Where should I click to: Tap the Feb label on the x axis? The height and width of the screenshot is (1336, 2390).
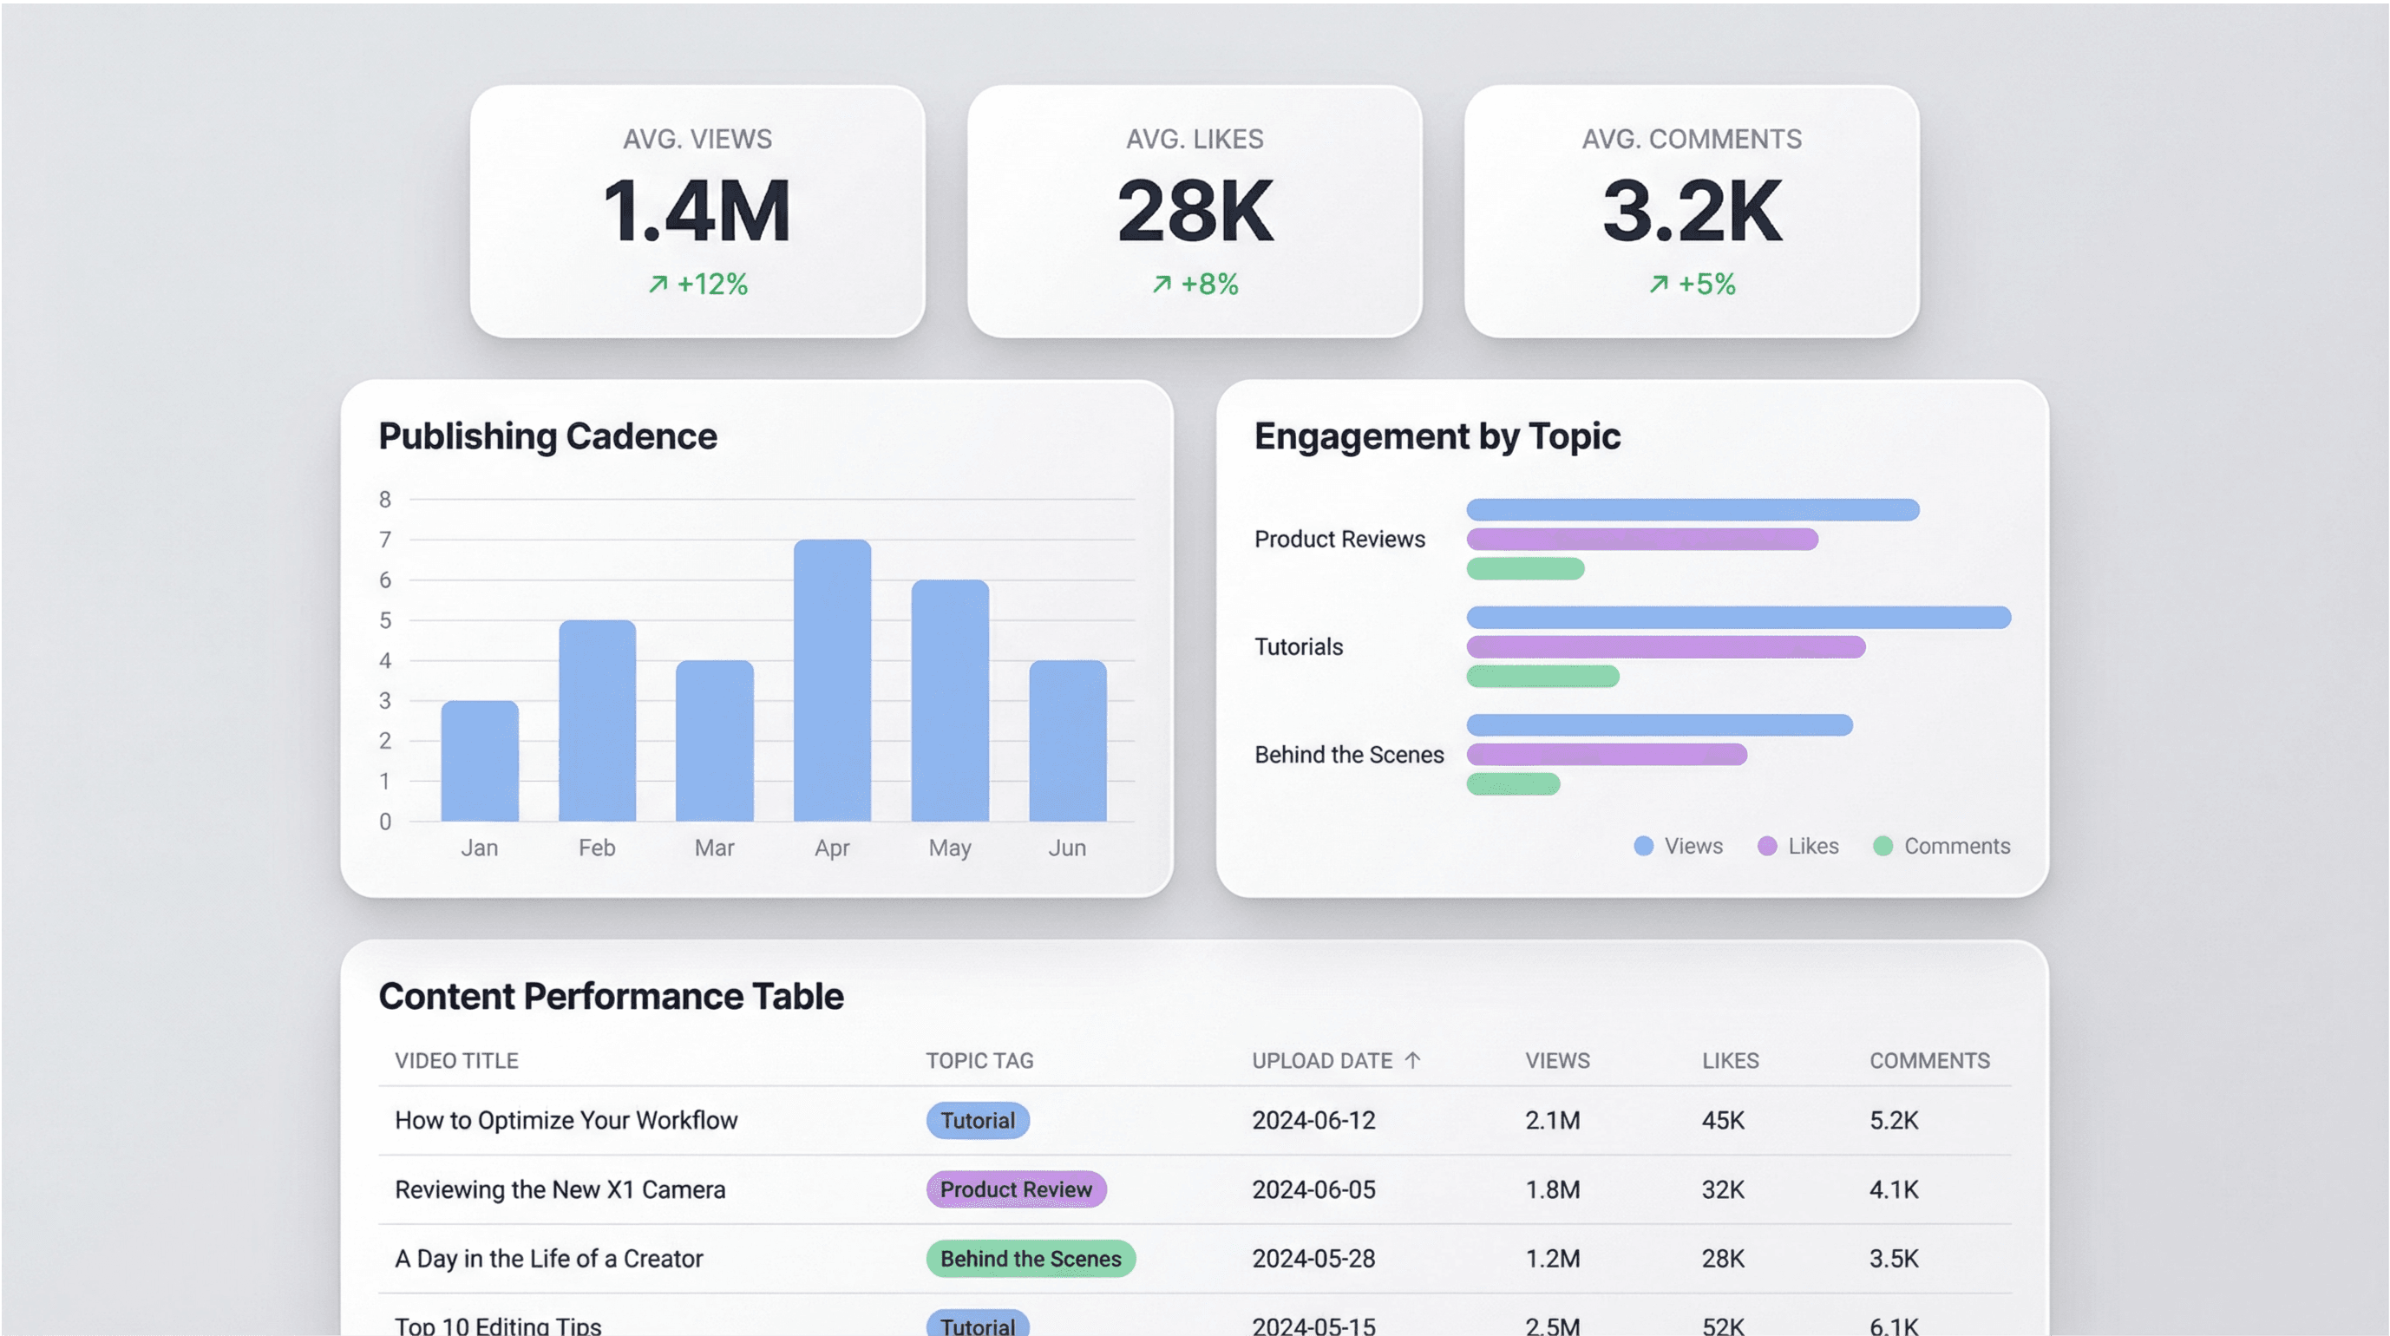[597, 848]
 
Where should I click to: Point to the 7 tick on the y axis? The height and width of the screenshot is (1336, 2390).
[385, 540]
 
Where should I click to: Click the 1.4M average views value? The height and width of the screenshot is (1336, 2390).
[697, 212]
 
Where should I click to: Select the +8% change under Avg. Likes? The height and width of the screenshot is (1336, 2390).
[1195, 284]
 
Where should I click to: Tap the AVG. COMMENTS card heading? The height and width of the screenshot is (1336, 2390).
[1692, 139]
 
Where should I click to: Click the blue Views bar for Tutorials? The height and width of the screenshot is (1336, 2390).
[1738, 617]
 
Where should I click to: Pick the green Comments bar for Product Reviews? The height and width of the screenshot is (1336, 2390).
[1525, 569]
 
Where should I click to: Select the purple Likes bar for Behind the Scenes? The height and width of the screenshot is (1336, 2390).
[1606, 754]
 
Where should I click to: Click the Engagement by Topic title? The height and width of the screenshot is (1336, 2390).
[1437, 436]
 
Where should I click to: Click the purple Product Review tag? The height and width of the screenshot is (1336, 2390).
[1016, 1189]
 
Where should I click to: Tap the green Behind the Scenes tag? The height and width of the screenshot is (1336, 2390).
[1031, 1259]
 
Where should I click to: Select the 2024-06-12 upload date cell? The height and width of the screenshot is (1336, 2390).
[1313, 1121]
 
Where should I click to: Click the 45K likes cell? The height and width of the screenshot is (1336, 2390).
[1723, 1121]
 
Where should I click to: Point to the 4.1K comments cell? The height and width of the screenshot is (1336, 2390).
[1894, 1189]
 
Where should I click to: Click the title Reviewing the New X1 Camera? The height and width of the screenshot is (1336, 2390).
[560, 1189]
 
